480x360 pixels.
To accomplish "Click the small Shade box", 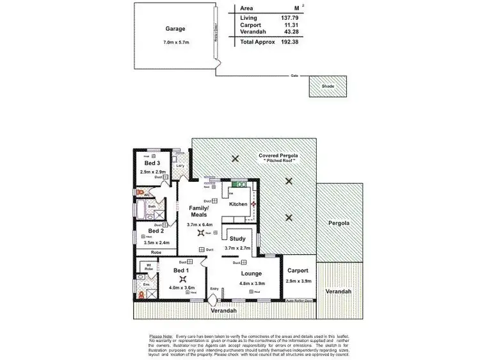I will tap(328, 85).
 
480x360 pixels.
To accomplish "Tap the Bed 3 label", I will tap(153, 164).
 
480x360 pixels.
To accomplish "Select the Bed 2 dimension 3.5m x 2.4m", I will tap(157, 243).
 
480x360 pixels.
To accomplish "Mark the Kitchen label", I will tap(238, 204).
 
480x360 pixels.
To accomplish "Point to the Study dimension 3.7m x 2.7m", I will tap(238, 248).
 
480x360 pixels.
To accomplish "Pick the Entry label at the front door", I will tap(214, 289).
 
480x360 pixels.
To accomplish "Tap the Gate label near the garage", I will tap(294, 76).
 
